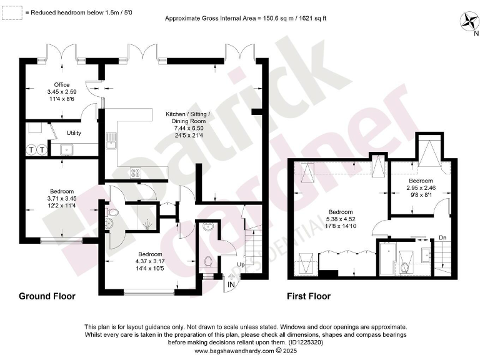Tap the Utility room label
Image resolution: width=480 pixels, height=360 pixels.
74,133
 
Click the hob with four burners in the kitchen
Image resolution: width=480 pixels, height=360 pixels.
134,172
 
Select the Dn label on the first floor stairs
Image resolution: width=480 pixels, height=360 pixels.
442,237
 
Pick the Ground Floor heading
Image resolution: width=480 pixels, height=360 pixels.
47,296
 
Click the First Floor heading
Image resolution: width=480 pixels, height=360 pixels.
309,296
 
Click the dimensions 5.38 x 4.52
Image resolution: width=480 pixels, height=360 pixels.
341,219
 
